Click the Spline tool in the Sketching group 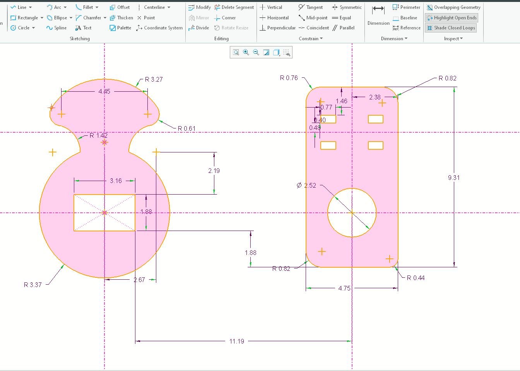tap(56, 28)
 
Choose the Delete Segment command tap(234, 7)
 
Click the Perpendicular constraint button tap(277, 28)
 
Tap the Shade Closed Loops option tap(451, 28)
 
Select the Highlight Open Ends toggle tap(452, 18)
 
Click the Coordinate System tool tap(159, 28)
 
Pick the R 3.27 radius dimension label tap(154, 79)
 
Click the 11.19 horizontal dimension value tap(236, 341)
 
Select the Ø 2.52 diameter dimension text tap(306, 185)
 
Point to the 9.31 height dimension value tap(454, 178)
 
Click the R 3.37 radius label tap(32, 285)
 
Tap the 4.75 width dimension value tap(344, 288)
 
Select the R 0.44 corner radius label tap(416, 278)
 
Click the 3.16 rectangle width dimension tap(116, 181)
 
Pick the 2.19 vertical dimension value tap(214, 171)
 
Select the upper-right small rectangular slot tap(375, 119)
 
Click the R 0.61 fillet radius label tap(186, 128)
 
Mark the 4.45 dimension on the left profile tap(104, 91)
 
